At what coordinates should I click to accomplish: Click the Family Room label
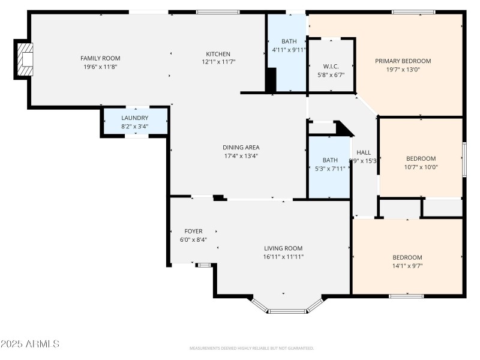100,58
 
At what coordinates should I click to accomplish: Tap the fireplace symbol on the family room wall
25,59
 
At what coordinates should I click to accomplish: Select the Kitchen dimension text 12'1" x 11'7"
218,62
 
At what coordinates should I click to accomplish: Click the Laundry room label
134,118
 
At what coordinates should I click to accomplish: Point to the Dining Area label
241,148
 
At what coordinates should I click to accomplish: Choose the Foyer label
193,231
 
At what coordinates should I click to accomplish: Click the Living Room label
283,248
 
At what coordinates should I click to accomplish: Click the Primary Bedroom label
403,61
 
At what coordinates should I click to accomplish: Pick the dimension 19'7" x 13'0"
403,69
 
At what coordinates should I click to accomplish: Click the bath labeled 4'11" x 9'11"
289,46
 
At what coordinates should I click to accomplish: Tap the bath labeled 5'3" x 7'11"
330,164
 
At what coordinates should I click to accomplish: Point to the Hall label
364,152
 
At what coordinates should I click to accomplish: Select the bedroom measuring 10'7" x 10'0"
421,163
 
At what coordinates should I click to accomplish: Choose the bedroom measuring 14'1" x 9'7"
407,261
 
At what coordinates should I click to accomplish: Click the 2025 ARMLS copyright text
30,344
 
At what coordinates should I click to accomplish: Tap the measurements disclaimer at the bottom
251,348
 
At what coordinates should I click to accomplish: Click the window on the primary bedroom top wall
413,11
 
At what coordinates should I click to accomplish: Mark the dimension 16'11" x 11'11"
283,257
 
